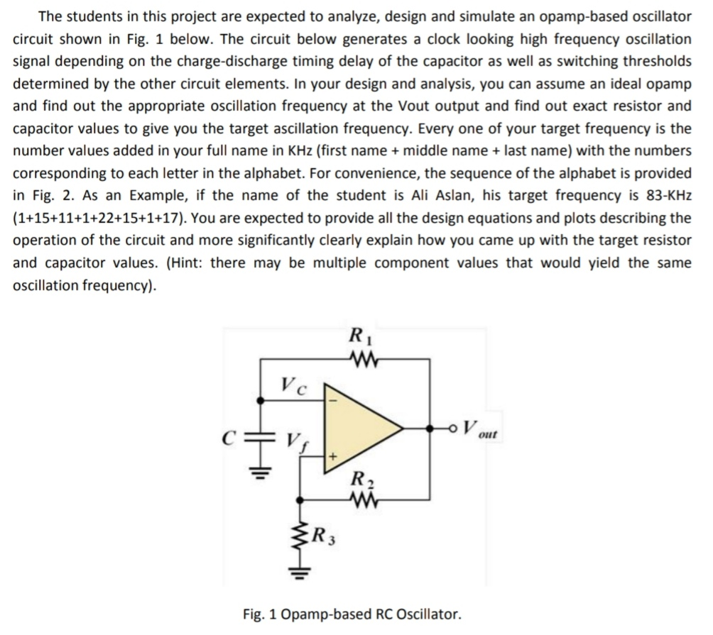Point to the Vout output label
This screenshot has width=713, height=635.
pyautogui.click(x=479, y=429)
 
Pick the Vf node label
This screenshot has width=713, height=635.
pyautogui.click(x=294, y=442)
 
